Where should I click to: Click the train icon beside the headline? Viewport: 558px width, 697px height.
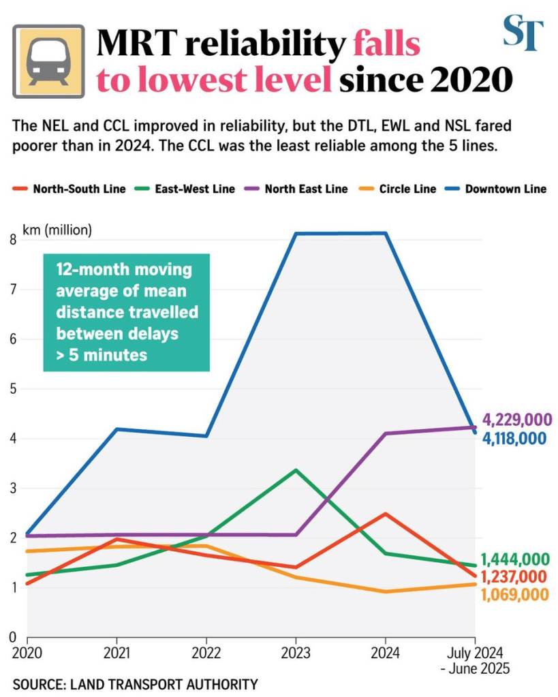(x=48, y=61)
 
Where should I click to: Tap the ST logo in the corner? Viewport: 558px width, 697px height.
(x=523, y=33)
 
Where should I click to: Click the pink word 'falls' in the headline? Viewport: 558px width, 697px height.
(x=386, y=45)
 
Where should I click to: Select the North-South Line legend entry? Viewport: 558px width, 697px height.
(x=71, y=189)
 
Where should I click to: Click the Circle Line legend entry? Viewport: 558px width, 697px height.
(x=401, y=189)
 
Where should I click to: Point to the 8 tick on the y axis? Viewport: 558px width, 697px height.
(x=14, y=239)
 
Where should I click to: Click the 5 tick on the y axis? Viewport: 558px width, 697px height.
(x=14, y=389)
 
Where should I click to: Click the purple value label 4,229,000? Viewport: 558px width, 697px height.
(x=517, y=420)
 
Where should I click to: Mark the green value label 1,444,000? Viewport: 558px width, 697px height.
(x=514, y=559)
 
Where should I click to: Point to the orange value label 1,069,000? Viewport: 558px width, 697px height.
(x=514, y=595)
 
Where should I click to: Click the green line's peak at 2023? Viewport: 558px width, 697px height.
(x=295, y=470)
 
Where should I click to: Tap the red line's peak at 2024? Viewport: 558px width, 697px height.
(x=385, y=514)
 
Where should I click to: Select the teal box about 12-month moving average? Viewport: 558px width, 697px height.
(x=127, y=313)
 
